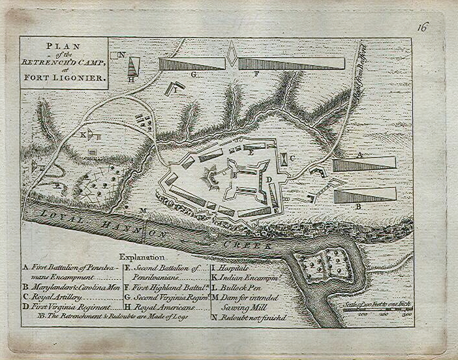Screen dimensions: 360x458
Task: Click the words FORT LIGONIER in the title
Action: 65,76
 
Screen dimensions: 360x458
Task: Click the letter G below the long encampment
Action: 194,75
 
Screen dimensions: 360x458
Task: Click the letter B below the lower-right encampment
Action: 358,207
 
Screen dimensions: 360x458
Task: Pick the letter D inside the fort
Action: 268,179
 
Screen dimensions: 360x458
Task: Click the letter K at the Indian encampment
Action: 83,134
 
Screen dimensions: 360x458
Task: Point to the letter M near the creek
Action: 143,210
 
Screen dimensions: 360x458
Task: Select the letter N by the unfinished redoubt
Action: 122,55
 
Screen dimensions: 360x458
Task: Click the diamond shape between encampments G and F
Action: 232,54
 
